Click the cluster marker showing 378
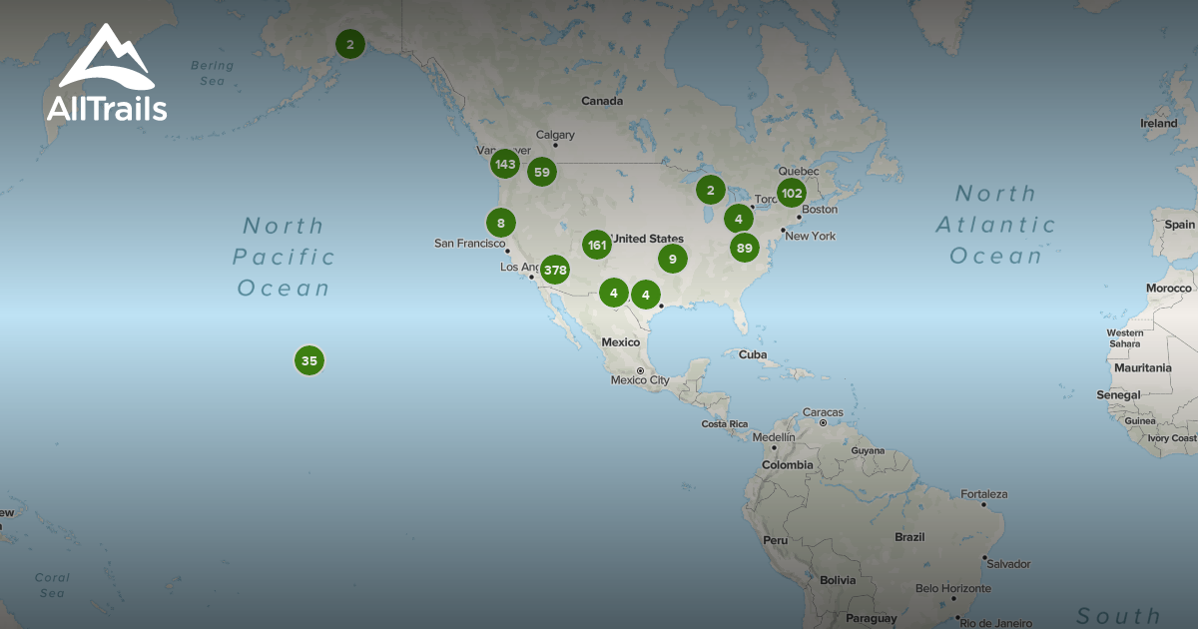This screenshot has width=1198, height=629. click(x=555, y=270)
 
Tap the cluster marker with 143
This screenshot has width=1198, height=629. click(x=505, y=164)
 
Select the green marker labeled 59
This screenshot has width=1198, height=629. click(x=542, y=172)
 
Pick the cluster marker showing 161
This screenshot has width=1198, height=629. click(x=597, y=245)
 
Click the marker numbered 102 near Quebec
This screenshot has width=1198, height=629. click(x=792, y=193)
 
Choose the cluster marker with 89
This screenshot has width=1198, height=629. click(x=744, y=248)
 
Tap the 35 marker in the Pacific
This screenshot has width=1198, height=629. click(x=309, y=360)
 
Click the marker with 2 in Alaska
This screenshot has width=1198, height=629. click(x=349, y=44)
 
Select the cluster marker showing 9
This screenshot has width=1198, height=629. click(x=673, y=259)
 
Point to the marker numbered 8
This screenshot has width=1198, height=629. click(x=501, y=223)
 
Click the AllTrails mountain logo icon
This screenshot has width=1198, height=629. click(x=105, y=59)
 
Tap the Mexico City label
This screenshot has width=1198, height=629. click(x=640, y=380)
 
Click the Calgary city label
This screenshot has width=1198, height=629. click(x=555, y=135)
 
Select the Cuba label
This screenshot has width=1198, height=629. click(x=752, y=354)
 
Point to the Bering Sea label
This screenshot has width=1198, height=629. click(x=212, y=73)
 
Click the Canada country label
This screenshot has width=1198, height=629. click(x=602, y=101)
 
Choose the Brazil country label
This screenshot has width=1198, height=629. click(x=909, y=536)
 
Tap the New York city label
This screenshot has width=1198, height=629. click(x=810, y=237)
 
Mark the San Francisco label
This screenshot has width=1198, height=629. click(x=469, y=243)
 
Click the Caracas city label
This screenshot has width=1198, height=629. click(x=823, y=412)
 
